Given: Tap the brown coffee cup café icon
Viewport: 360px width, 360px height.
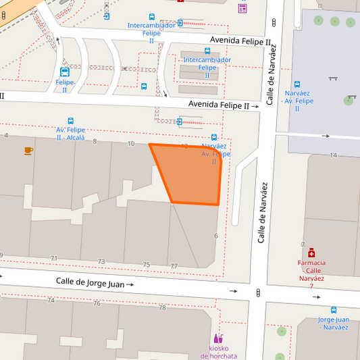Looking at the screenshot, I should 28,150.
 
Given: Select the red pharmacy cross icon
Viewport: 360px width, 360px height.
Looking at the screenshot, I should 311,253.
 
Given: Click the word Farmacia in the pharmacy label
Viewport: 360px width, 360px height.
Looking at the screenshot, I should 311,263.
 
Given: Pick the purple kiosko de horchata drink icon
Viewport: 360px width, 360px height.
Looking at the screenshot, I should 218,338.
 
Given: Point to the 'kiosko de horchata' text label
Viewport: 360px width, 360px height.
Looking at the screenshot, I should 219,352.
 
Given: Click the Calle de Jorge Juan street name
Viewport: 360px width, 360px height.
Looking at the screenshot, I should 91,283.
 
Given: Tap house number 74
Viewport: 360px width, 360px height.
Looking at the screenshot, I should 51,300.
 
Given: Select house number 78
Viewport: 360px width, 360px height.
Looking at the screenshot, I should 162,307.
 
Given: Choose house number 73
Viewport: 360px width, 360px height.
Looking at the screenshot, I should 101,261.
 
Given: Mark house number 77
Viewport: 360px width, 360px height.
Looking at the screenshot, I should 174,266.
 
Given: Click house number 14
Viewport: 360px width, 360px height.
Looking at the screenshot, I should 333,155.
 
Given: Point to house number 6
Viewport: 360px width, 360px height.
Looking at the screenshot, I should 216,236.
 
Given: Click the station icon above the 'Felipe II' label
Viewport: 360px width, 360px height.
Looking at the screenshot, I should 65,72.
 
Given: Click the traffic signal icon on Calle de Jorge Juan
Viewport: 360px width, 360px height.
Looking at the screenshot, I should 258,292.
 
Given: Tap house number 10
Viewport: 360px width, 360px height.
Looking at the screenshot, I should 131,144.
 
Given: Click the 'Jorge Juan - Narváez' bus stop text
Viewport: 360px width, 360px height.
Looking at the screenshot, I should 334,323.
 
